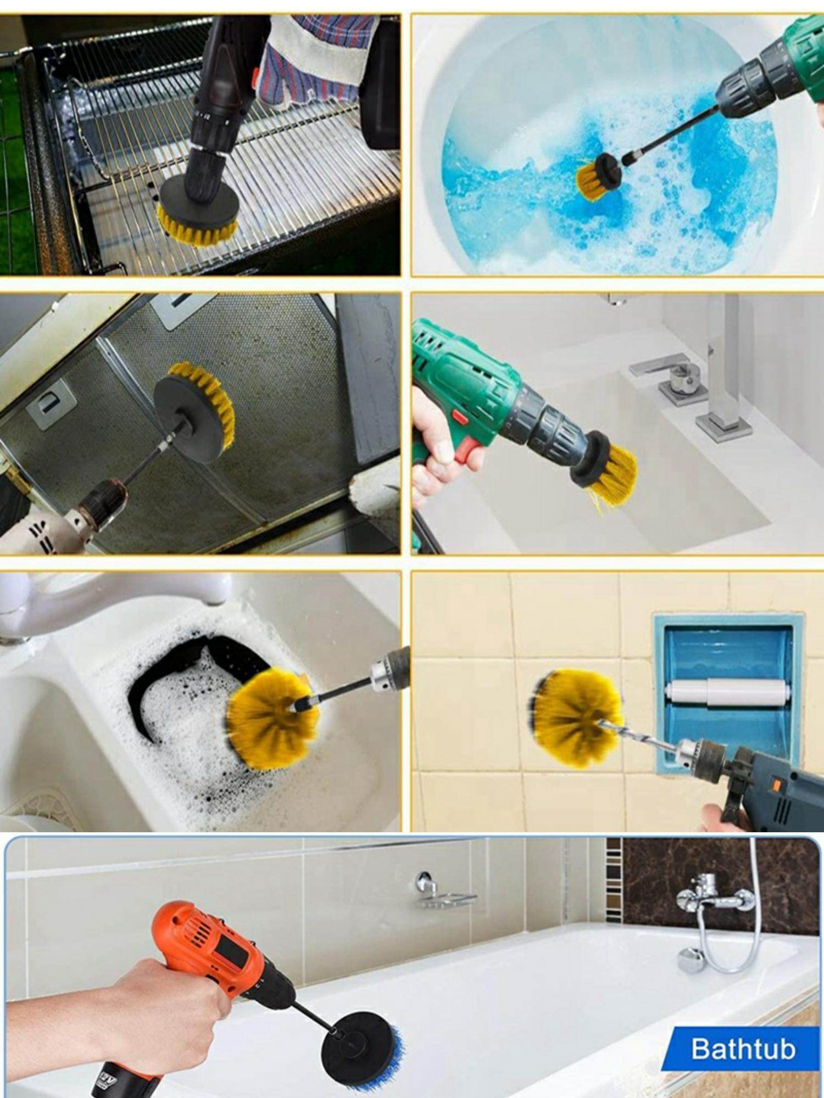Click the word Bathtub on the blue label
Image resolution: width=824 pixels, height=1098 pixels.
[x=743, y=1049]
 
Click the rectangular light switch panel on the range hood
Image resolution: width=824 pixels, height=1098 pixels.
[x=51, y=404]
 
